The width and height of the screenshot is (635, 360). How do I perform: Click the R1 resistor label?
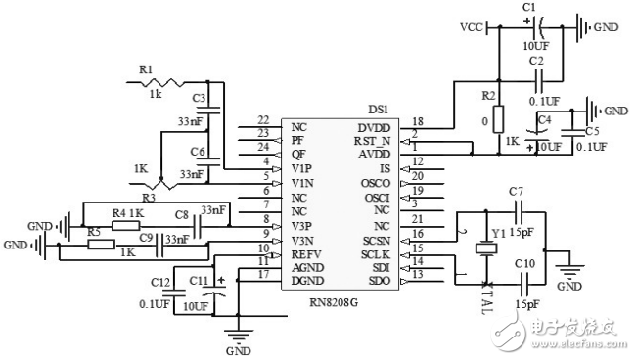[146, 69]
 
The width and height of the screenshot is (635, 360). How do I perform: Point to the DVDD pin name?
[372, 127]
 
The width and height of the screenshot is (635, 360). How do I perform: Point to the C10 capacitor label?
[524, 265]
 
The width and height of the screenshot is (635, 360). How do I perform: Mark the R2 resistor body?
[499, 118]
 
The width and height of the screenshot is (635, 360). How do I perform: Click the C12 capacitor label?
[159, 282]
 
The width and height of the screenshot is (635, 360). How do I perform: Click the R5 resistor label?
[94, 231]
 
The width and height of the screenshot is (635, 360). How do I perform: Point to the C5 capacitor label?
[593, 131]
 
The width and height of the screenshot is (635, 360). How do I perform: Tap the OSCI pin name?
[375, 196]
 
